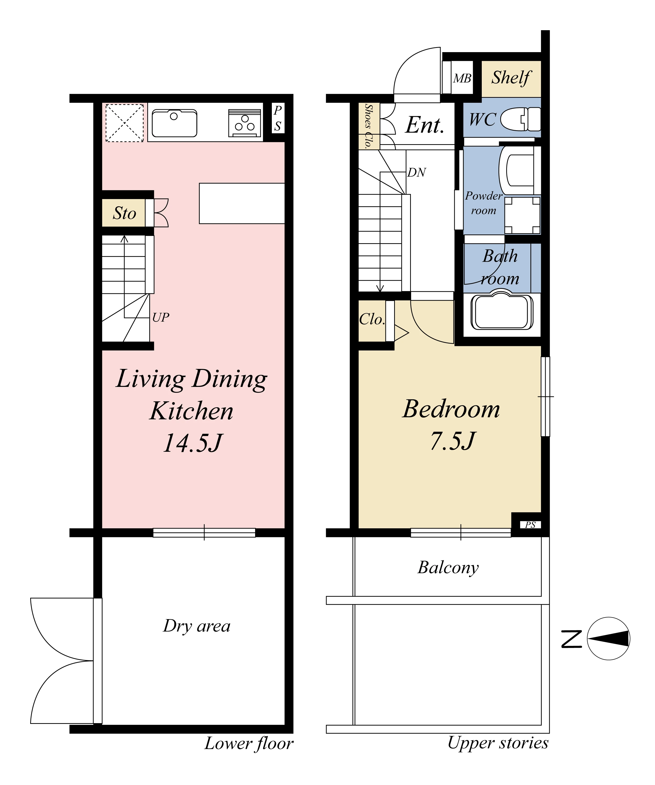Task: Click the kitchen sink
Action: tap(174, 123)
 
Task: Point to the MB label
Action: tap(462, 79)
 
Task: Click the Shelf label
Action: tap(511, 78)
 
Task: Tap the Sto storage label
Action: tap(125, 213)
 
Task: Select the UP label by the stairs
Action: tap(161, 317)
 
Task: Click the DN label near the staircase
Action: tap(417, 172)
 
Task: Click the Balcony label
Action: tap(448, 568)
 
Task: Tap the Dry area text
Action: tap(197, 626)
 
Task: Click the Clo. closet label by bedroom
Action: tap(372, 319)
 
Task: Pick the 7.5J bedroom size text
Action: tap(453, 441)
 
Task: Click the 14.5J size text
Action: tap(193, 443)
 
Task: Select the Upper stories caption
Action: tap(498, 743)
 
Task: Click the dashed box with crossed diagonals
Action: tap(125, 123)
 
